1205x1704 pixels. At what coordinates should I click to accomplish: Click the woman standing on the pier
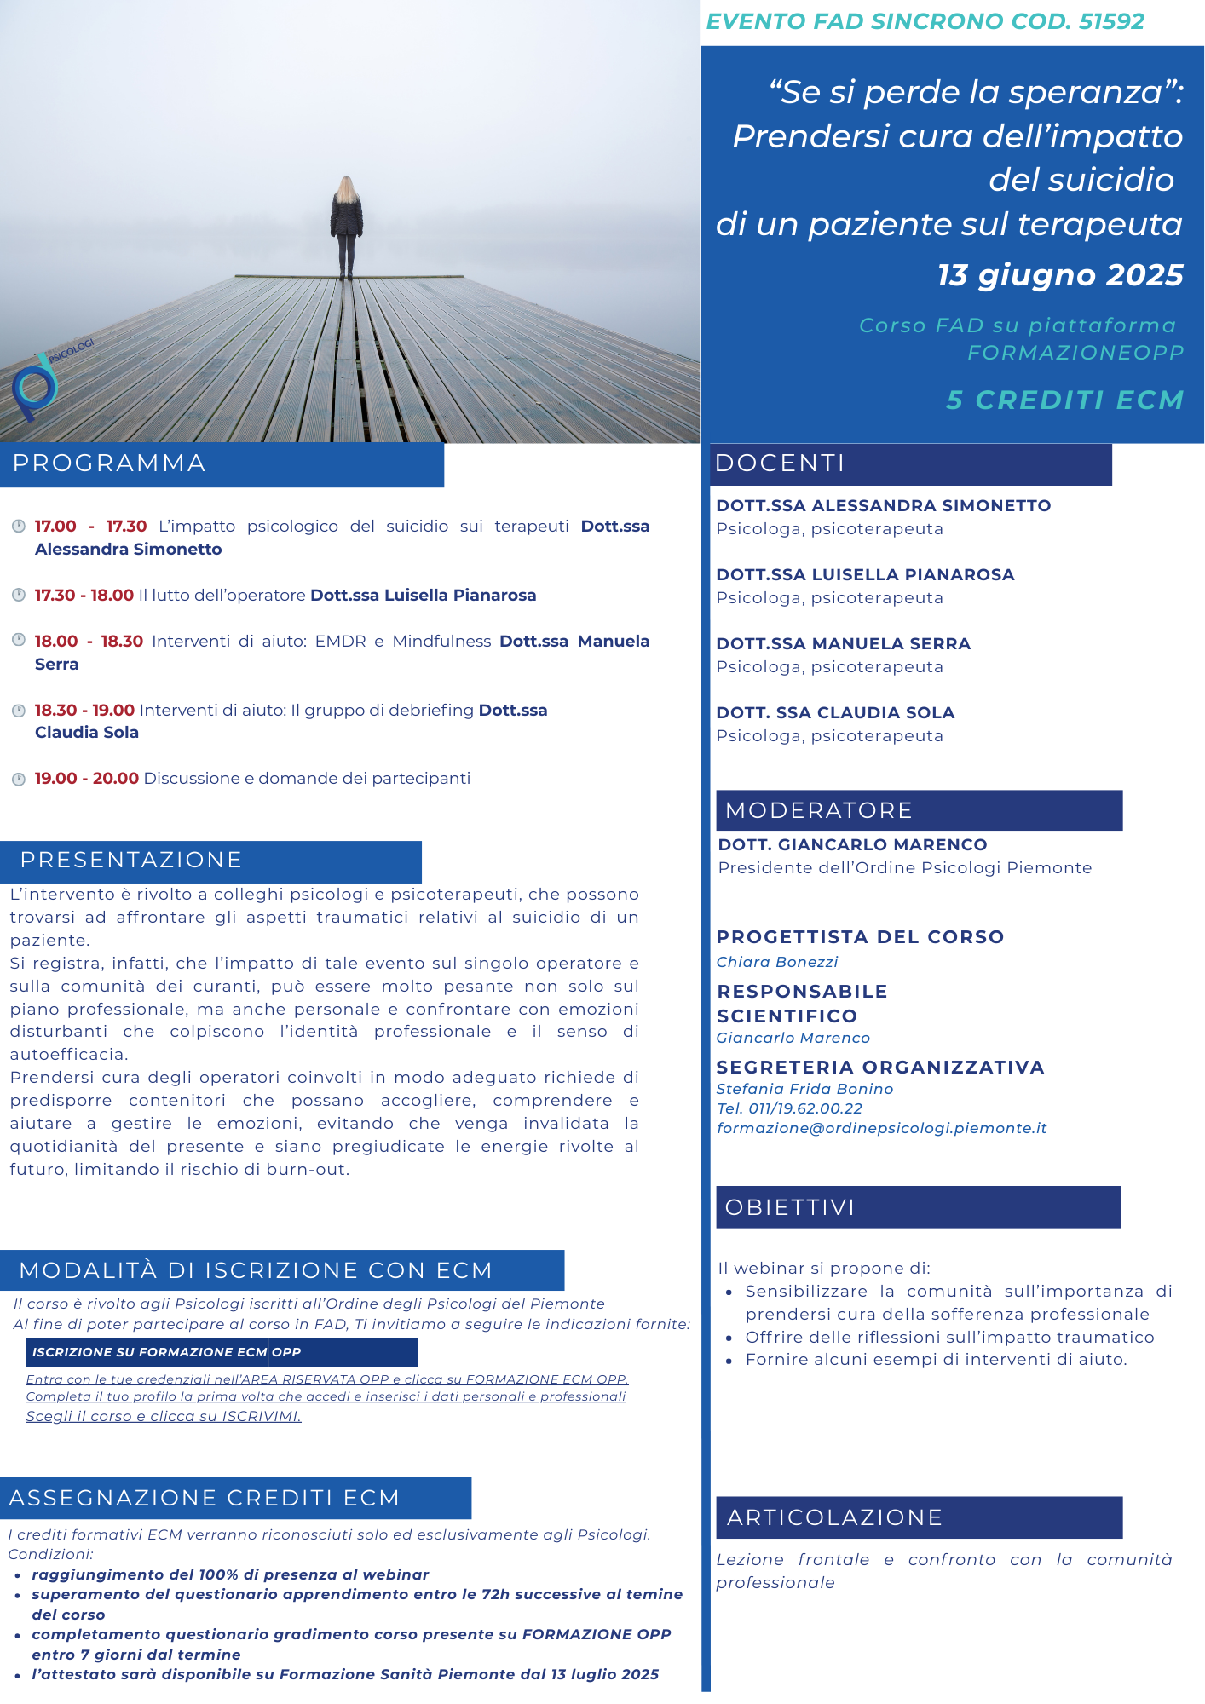[346, 226]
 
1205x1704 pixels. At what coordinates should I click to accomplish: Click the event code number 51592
[1111, 21]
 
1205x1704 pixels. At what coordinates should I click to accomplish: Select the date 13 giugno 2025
[1060, 275]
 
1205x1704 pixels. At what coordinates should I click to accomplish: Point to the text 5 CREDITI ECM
[1065, 400]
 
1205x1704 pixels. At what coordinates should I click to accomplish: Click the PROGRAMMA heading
[109, 463]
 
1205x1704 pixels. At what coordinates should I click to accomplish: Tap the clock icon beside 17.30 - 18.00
[18, 595]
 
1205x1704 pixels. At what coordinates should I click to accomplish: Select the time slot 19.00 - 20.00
[86, 778]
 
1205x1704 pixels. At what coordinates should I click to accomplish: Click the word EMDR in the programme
[340, 641]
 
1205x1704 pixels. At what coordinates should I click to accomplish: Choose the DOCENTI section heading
[780, 463]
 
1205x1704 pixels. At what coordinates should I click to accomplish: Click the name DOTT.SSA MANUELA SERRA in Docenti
[843, 643]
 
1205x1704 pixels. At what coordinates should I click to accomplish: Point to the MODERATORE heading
[818, 810]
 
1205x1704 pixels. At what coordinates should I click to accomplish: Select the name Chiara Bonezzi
[776, 962]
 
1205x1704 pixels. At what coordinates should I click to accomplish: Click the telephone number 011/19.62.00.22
[805, 1108]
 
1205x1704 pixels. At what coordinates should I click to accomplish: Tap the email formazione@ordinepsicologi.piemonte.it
[881, 1128]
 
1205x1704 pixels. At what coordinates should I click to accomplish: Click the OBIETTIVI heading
[789, 1207]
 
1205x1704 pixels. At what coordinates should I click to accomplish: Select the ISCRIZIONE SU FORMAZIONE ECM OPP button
[166, 1352]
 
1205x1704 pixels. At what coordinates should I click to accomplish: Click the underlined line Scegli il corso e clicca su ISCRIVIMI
[164, 1416]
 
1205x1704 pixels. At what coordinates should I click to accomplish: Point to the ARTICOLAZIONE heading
[834, 1517]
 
